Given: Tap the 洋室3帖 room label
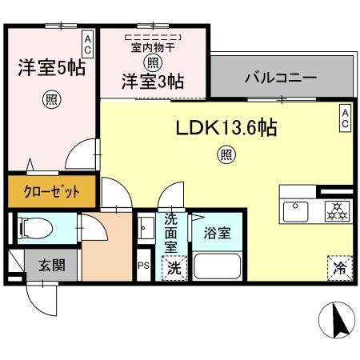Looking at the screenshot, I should [x=153, y=81].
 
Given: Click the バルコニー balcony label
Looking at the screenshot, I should [x=280, y=79].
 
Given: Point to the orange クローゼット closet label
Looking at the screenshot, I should [x=50, y=192].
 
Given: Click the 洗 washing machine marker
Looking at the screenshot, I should [x=174, y=269].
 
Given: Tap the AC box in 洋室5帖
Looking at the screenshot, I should [x=87, y=43].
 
